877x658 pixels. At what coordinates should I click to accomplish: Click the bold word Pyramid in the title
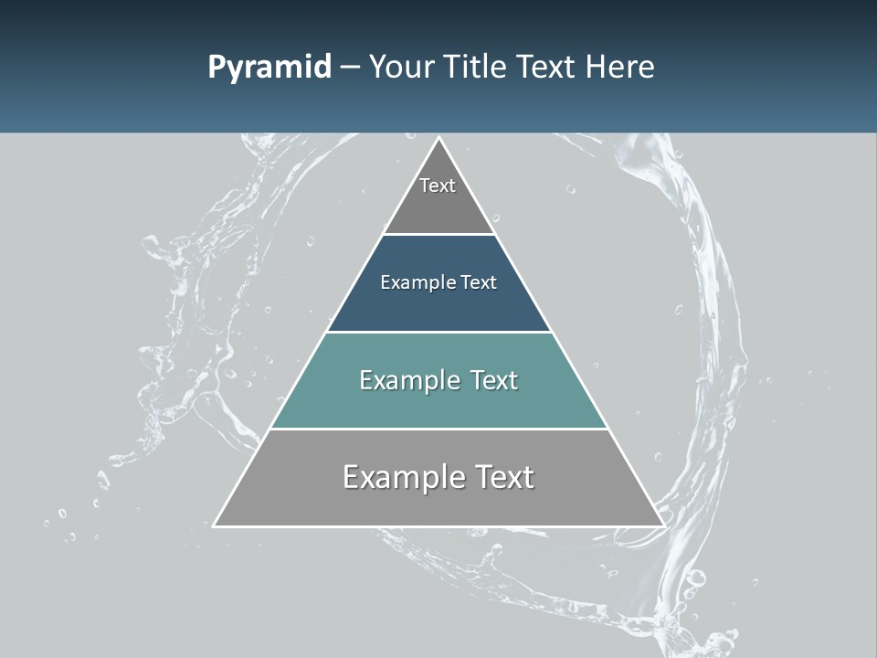point(269,68)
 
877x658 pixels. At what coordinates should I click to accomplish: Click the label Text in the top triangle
point(438,186)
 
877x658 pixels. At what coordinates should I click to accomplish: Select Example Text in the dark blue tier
point(438,282)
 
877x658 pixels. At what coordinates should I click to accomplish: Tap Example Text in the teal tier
point(438,380)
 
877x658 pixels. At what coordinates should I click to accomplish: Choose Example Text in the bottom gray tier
point(438,477)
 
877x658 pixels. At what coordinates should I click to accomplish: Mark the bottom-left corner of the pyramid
point(215,525)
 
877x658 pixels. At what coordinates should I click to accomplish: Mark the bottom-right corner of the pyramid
point(663,525)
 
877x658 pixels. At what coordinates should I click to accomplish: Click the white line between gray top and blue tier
point(438,234)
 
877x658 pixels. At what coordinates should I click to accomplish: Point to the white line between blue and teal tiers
point(438,332)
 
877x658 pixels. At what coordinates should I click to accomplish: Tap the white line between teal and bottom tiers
point(438,429)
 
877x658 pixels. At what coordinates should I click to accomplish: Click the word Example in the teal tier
point(407,380)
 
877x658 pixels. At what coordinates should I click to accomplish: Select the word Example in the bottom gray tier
point(397,477)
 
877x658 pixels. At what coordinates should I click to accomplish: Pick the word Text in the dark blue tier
point(479,282)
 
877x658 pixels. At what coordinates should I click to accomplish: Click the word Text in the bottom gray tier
point(502,477)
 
